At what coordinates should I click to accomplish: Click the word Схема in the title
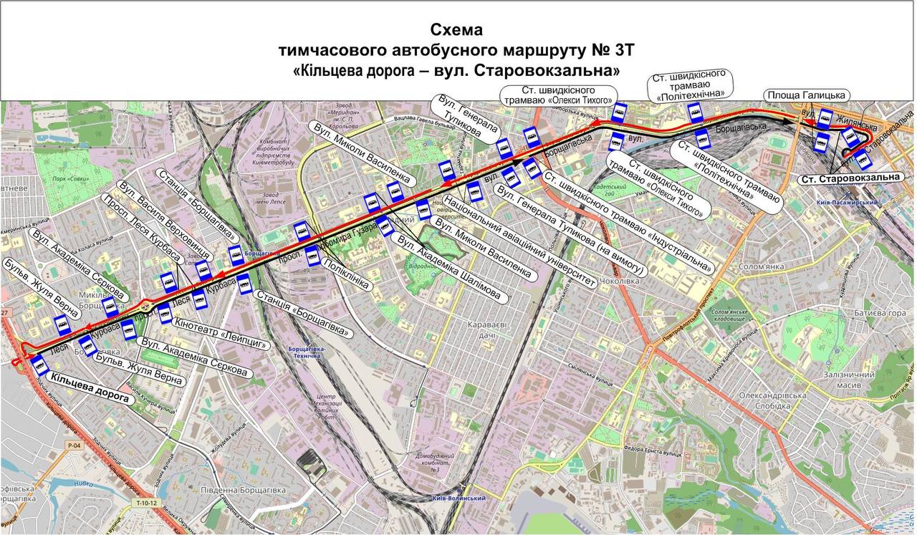pos(456,30)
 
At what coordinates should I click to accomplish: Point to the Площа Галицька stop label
pos(807,95)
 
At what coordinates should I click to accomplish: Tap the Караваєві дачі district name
pos(487,330)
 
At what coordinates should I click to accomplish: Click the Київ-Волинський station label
pos(460,498)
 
